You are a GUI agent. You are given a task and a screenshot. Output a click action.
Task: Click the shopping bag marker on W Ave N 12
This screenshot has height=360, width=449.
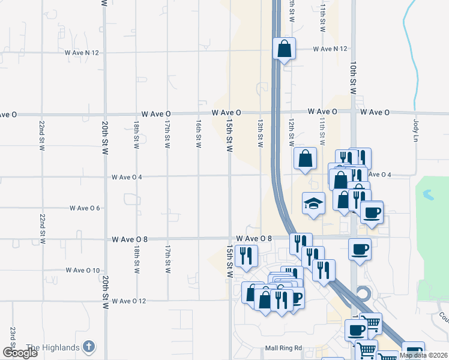coord(284,49)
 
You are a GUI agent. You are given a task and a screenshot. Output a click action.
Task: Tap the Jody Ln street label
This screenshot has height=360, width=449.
coord(415,129)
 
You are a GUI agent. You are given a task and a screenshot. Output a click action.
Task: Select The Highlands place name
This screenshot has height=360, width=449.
coord(53,347)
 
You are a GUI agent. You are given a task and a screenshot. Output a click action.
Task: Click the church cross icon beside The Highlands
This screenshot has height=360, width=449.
coord(88,346)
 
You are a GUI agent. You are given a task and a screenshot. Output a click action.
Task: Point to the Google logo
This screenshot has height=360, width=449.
coord(20,353)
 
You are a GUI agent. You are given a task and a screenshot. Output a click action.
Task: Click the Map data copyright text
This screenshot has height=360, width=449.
coord(424,355)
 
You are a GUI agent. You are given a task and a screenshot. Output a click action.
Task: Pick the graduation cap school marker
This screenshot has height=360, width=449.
coord(313,203)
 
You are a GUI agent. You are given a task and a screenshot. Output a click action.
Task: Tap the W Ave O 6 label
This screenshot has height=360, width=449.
coord(85,208)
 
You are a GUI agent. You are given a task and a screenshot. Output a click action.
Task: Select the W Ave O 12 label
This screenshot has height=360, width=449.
coord(129,301)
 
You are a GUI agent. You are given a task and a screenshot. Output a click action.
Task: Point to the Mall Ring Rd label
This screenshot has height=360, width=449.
coord(283,348)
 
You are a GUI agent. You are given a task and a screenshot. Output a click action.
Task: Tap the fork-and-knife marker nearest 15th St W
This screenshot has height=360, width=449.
coord(246,256)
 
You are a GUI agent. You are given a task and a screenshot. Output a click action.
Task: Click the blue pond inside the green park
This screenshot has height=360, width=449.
coord(427,195)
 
